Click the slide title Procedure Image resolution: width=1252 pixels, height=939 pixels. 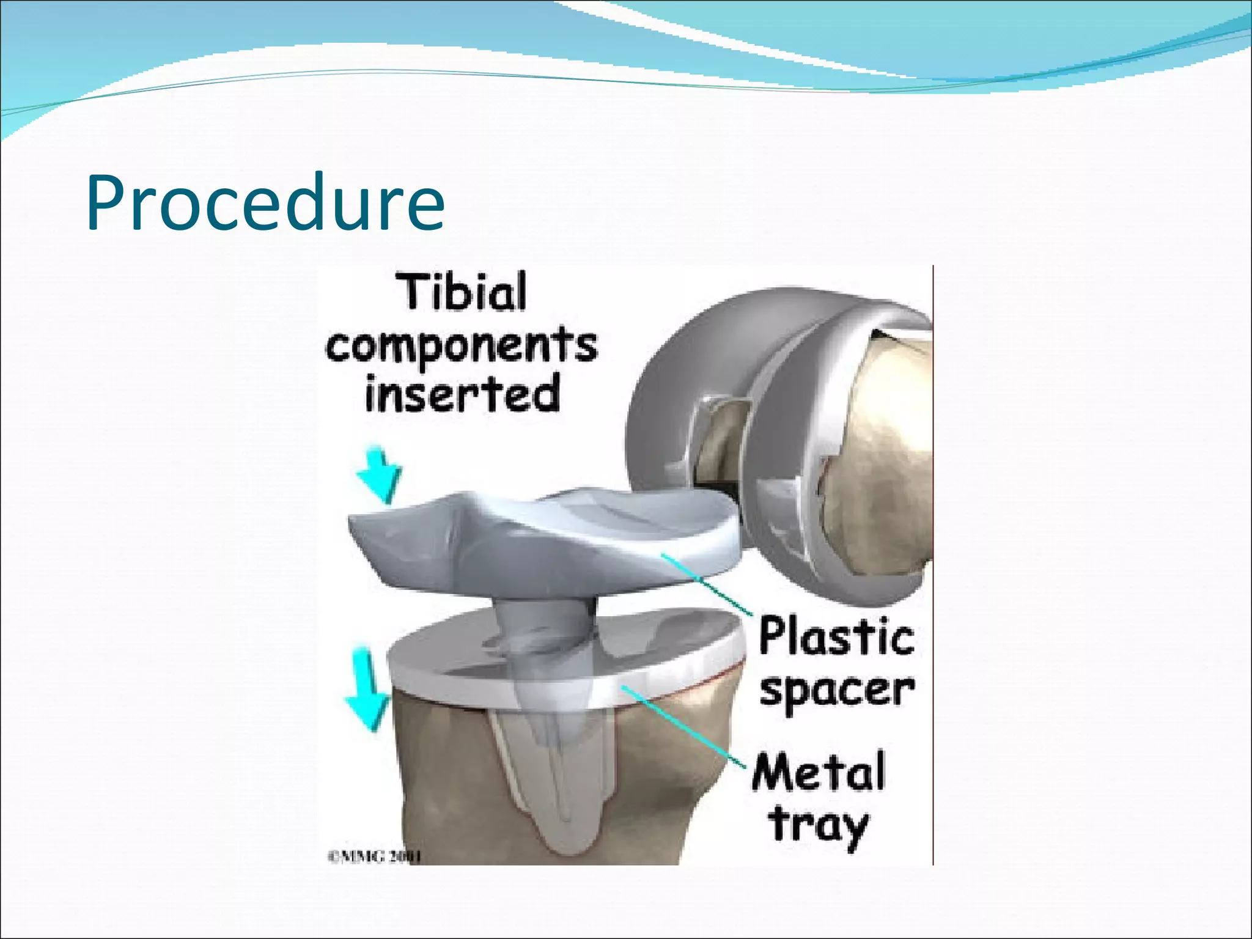click(x=265, y=203)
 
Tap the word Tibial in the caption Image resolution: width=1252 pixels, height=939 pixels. click(x=462, y=292)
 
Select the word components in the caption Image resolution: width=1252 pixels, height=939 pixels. click(x=462, y=346)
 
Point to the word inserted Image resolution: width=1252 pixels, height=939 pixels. click(x=462, y=394)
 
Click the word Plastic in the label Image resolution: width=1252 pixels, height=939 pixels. click(x=836, y=638)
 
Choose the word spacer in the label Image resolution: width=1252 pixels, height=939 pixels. click(x=836, y=691)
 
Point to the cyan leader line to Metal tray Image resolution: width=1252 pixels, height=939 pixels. click(x=685, y=727)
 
